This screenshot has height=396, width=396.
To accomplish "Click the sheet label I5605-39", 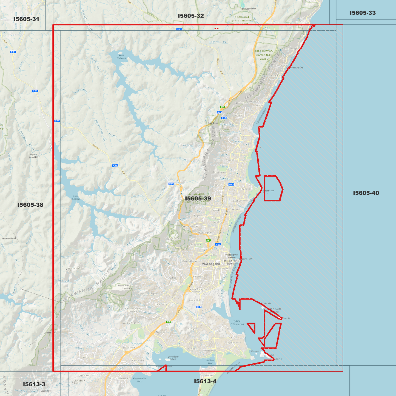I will point(198,199).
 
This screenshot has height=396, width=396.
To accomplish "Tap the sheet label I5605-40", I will point(366,193).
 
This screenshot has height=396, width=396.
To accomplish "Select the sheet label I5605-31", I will point(26,19).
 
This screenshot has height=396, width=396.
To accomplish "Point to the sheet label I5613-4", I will point(205,381).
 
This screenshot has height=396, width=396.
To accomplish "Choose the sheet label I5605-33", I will point(363,13).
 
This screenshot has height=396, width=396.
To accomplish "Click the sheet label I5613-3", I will point(34,384).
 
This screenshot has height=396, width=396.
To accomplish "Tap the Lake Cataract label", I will point(121,56).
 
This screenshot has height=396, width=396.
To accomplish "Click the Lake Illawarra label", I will point(237,323).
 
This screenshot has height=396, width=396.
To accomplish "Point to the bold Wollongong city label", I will point(211,264).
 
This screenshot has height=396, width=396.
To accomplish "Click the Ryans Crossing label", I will point(34,156).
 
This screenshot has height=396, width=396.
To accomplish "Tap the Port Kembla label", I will point(234,343).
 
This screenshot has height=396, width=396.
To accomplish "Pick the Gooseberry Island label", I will point(173,358).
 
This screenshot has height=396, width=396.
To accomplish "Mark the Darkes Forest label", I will point(249,9).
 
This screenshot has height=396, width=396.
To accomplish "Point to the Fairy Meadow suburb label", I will point(218,221).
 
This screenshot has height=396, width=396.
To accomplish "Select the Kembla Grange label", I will point(131,323).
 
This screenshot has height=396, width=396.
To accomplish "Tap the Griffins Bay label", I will point(210,362).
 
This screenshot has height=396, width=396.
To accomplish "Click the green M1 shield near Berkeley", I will point(168,322).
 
